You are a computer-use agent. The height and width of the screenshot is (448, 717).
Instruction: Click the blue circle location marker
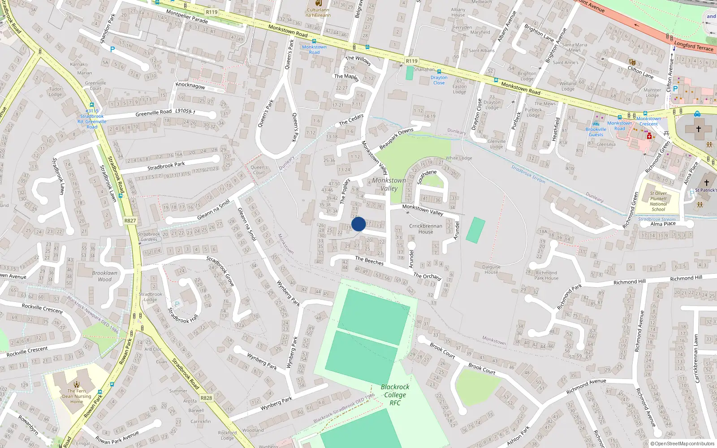[358, 224]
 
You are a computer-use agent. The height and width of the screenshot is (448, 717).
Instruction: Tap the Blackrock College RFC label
[395, 395]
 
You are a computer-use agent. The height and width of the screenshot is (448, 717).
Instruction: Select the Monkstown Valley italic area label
[389, 184]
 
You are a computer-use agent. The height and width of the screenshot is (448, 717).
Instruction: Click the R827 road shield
[130, 220]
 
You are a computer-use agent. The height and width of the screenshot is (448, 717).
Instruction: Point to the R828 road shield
[206, 398]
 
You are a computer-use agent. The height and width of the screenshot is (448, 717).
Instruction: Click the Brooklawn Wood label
[105, 276]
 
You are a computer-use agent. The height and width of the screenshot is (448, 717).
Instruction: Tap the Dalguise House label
[491, 269]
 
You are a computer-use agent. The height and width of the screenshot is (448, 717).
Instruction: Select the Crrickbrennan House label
[426, 229]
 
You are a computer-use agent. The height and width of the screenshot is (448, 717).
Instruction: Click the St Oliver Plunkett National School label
[658, 201]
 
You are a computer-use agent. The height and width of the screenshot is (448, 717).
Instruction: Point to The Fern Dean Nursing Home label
[77, 396]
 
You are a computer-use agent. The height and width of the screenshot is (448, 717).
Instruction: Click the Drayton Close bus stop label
[439, 80]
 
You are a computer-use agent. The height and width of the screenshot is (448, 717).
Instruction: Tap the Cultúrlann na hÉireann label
[318, 12]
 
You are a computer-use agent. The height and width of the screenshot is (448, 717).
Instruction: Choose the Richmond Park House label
[546, 275]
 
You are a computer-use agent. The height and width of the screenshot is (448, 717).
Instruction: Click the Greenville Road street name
[154, 113]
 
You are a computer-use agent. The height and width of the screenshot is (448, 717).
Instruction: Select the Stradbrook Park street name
[166, 166]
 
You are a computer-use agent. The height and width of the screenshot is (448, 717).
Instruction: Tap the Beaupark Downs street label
[396, 139]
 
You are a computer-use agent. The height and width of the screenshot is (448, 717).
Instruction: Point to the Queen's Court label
[259, 170]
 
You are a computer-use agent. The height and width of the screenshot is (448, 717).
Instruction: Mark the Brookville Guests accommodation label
[596, 132]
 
